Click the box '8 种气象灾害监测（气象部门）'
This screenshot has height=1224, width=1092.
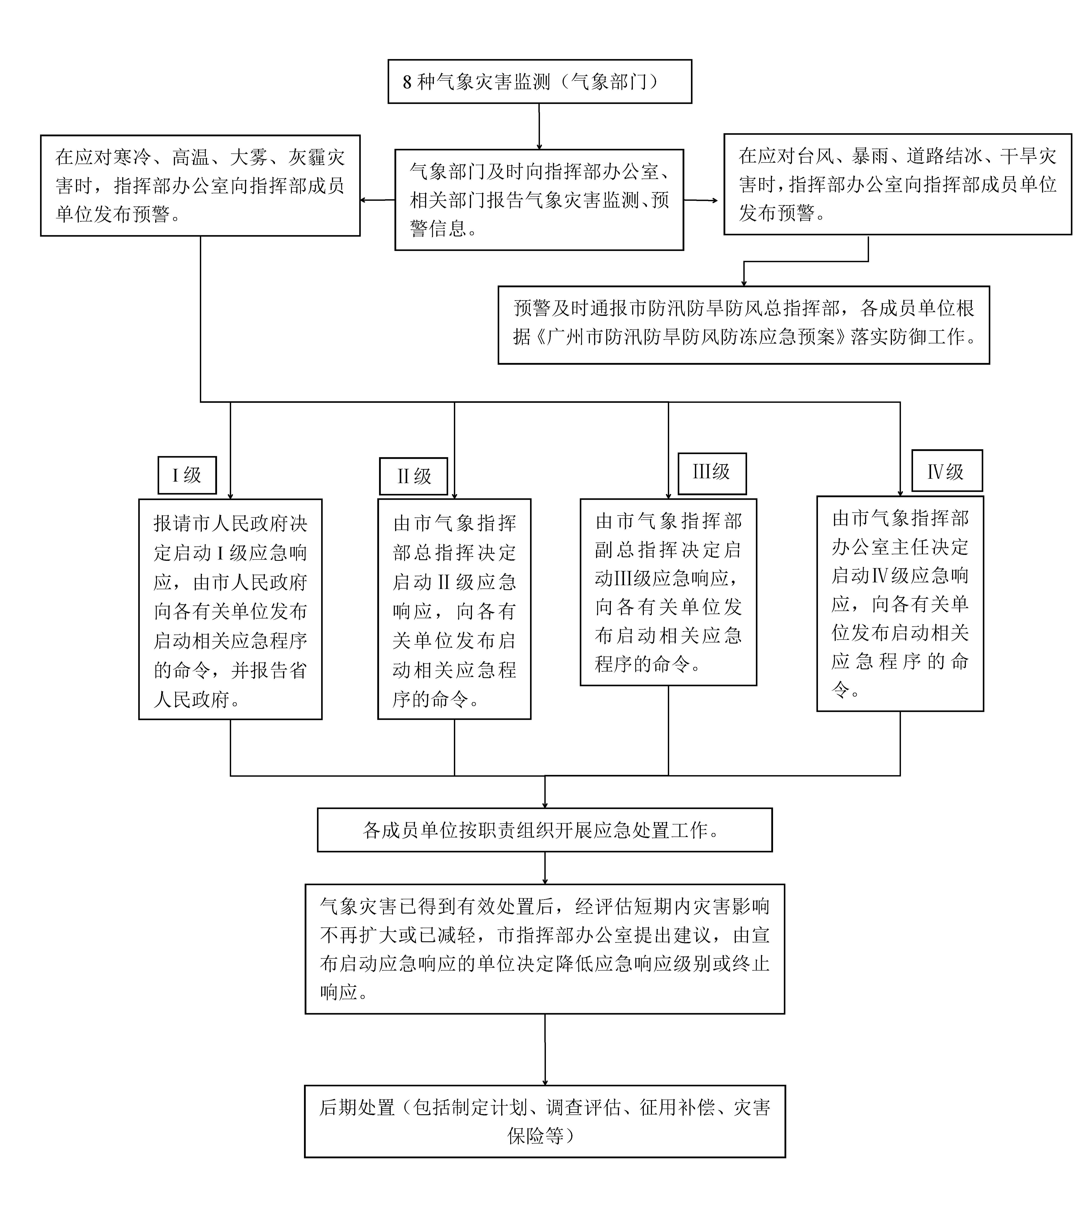[x=540, y=82]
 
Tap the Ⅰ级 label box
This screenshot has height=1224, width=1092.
[x=187, y=475]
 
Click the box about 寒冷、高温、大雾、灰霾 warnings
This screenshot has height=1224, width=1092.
[x=200, y=185]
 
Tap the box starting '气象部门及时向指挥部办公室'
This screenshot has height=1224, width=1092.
[x=539, y=200]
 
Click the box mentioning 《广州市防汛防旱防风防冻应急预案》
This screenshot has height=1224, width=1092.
[x=743, y=324]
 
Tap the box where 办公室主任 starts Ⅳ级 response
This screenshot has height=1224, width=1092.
[x=900, y=603]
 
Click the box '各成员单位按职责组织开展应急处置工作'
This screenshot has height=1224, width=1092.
[x=544, y=830]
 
